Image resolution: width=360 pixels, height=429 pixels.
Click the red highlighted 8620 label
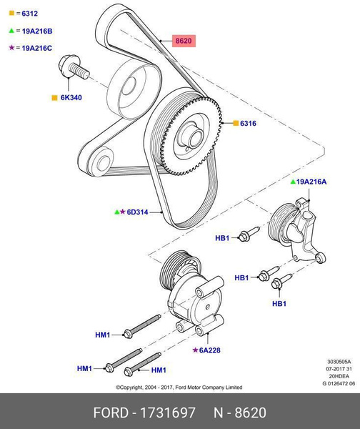[184, 42]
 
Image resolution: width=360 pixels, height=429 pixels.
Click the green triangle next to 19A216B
[11, 31]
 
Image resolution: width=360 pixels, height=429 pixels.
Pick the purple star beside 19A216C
[11, 48]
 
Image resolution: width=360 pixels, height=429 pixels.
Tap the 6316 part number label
[248, 124]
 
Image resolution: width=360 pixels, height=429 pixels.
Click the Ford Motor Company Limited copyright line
[179, 388]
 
